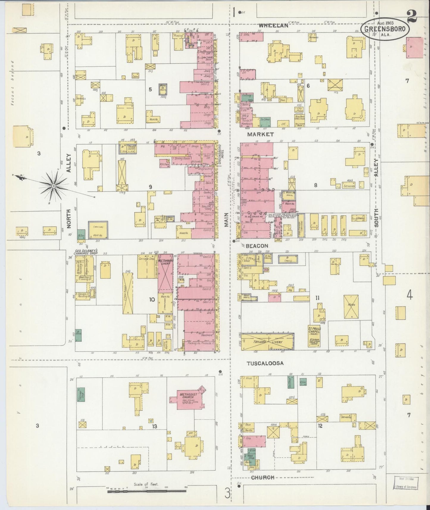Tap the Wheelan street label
(x=273, y=26)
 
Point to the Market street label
(x=260, y=134)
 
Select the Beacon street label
(x=257, y=246)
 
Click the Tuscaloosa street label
(x=265, y=363)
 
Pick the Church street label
(x=262, y=477)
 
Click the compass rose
(x=54, y=186)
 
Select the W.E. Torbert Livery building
(x=165, y=272)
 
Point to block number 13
(x=154, y=426)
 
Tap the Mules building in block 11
(x=351, y=307)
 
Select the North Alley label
(x=70, y=190)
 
